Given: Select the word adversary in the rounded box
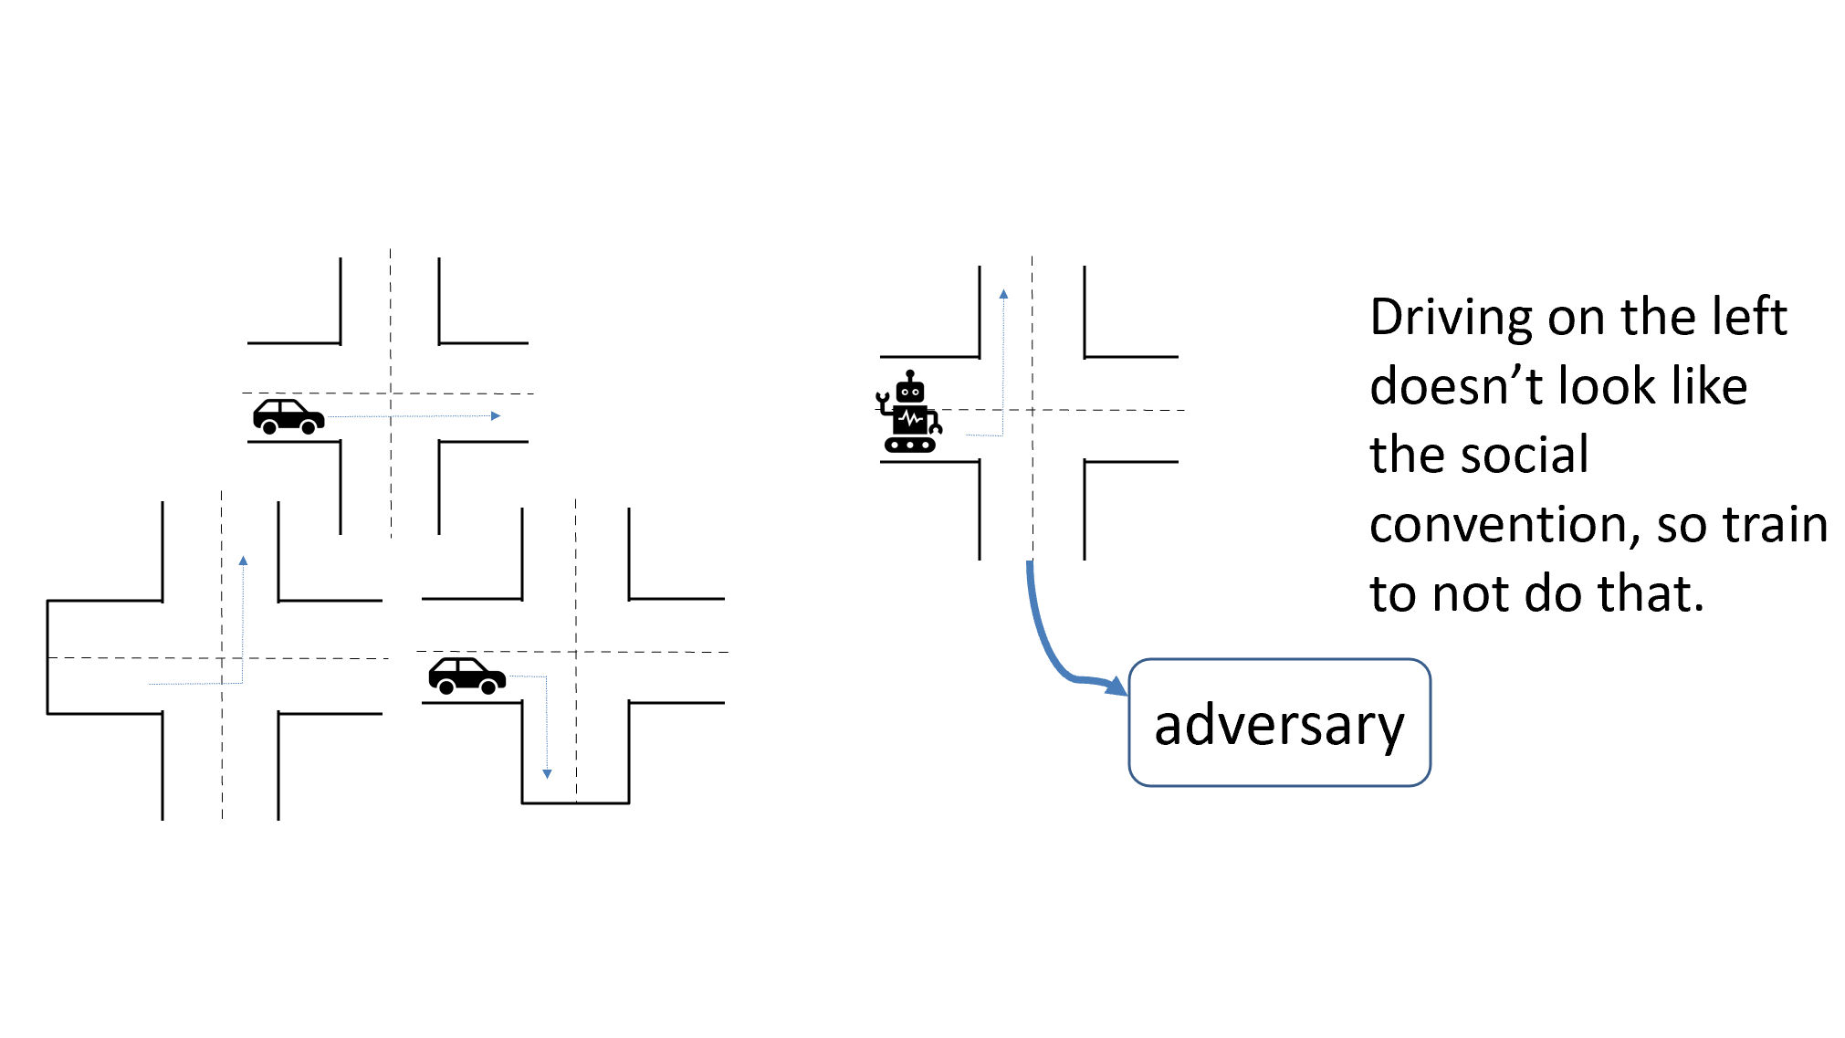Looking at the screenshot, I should tap(1278, 726).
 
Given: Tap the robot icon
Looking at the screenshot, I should tap(909, 413).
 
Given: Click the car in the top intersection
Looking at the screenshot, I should tap(288, 416).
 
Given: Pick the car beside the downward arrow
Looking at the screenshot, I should tap(466, 676).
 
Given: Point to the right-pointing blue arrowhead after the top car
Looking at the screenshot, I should tap(496, 416).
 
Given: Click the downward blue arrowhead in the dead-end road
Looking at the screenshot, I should tap(547, 774).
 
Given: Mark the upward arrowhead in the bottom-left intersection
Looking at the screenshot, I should tap(243, 561).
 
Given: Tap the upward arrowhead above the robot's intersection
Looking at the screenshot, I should tap(1003, 294).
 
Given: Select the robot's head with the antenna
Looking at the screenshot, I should tap(910, 388).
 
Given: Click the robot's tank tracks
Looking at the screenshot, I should tap(910, 446).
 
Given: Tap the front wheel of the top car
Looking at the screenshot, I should tap(309, 427).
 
